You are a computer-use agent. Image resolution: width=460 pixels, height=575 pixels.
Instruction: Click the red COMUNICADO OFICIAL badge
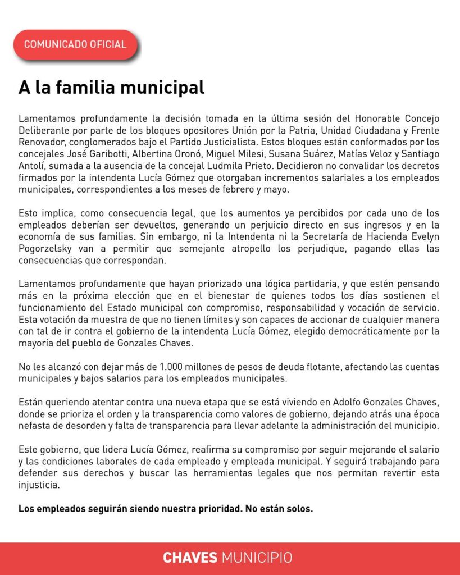pos(75,44)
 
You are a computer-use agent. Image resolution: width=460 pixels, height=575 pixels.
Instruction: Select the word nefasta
pos(35,427)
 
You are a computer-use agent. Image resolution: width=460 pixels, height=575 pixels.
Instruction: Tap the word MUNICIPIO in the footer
pos(257,558)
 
